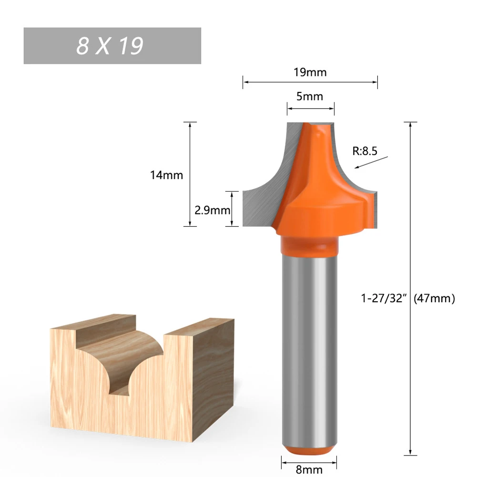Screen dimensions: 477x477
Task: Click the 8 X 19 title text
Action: [110, 46]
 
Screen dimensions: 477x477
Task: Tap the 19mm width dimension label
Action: [310, 72]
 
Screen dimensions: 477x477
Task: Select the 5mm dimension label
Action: [310, 97]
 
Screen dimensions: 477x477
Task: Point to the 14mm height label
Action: [166, 175]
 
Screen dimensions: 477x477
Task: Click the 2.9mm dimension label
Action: [213, 210]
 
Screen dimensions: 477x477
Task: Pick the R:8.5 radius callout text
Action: [365, 152]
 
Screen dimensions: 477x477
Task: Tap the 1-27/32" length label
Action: [385, 299]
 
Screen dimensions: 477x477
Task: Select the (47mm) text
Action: [434, 299]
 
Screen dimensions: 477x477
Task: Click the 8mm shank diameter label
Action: [309, 469]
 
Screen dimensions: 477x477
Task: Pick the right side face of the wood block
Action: [214, 376]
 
